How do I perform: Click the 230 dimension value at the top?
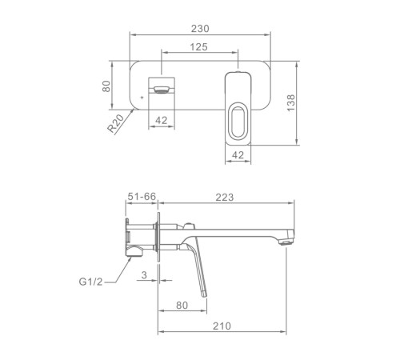pyautogui.click(x=200, y=29)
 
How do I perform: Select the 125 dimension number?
pyautogui.click(x=198, y=47)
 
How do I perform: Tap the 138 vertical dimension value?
pyautogui.click(x=291, y=103)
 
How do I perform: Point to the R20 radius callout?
pyautogui.click(x=116, y=123)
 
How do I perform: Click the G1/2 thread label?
pyautogui.click(x=90, y=282)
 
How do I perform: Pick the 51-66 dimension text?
pyautogui.click(x=142, y=197)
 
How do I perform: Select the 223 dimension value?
pyautogui.click(x=225, y=198)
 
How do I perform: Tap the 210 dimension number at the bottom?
pyautogui.click(x=222, y=326)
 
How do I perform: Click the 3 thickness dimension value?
pyautogui.click(x=144, y=275)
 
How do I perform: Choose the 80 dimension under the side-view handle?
pyautogui.click(x=182, y=305)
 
